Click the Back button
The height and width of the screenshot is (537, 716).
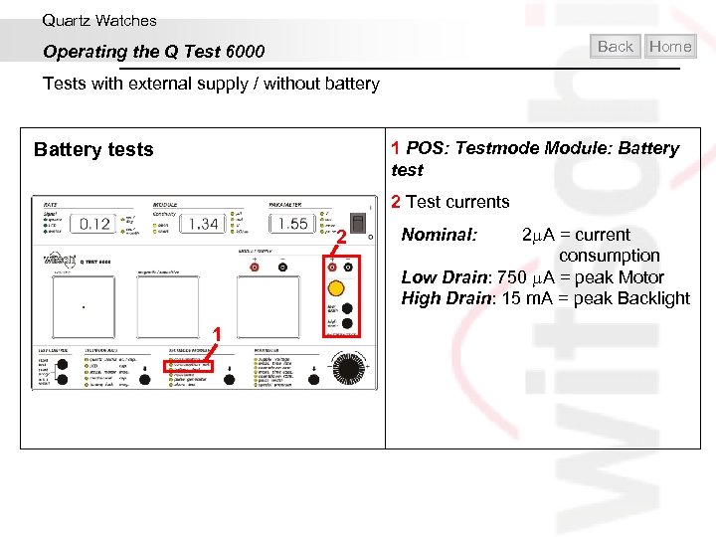616,46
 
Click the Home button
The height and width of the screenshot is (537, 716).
669,46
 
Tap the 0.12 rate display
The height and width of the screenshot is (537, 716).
94,224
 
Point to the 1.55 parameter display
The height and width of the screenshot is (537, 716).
292,224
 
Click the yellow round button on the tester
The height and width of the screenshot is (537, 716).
336,289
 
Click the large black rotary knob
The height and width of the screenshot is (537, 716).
342,369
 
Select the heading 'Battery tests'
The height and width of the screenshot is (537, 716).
93,150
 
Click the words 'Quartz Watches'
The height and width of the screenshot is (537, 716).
99,20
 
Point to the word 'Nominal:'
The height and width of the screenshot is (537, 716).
439,235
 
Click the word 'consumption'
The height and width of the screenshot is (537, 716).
609,256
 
